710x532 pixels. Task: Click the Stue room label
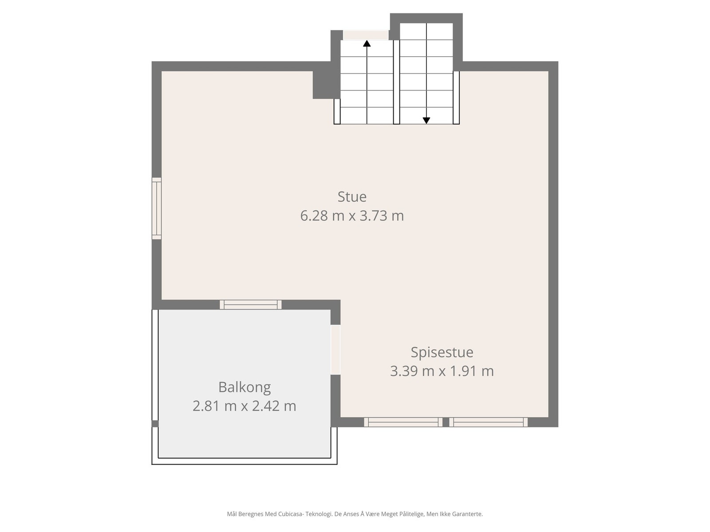point(352,196)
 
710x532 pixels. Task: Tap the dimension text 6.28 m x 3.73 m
point(352,216)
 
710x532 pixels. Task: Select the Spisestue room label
point(442,352)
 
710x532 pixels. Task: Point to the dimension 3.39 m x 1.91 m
point(442,371)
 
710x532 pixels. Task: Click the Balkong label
point(245,387)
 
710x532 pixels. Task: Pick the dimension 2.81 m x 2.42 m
point(245,406)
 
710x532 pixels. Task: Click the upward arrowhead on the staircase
point(367,43)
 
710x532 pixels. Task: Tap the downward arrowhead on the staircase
point(426,120)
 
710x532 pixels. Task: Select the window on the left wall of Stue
point(156,208)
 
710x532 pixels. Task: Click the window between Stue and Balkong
point(251,305)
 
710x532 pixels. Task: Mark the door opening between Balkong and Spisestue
point(335,350)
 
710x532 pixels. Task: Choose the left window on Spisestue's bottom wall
point(403,422)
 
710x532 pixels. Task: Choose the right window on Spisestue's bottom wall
point(489,422)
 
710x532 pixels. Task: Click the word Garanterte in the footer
point(469,514)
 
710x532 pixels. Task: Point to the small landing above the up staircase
point(366,35)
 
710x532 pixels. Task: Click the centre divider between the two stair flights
point(396,82)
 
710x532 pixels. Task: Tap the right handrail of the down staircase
point(456,98)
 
